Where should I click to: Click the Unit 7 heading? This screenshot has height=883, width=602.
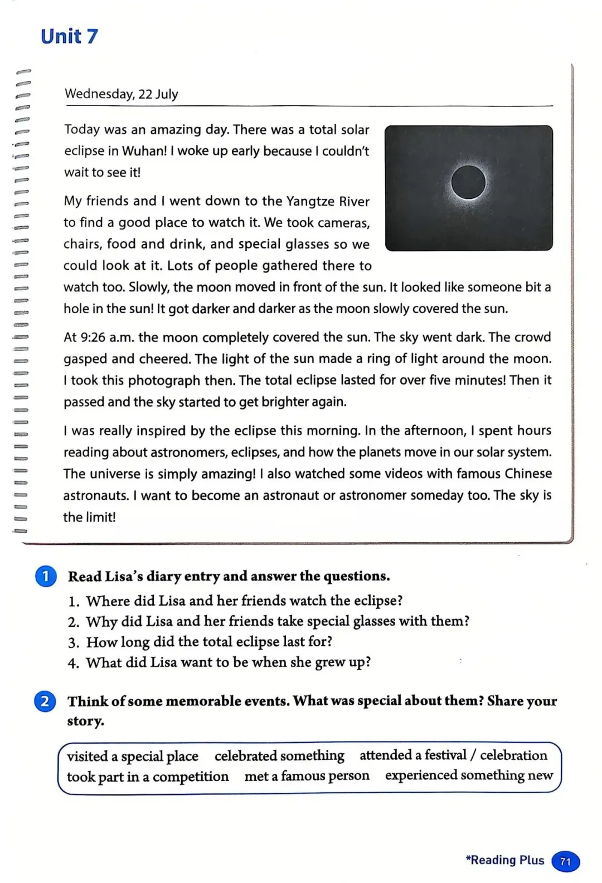pos(69,37)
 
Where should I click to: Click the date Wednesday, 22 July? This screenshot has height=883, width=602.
pos(121,94)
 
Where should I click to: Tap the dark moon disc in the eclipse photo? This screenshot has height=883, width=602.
pos(468,183)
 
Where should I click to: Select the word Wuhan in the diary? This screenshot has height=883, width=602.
pos(143,151)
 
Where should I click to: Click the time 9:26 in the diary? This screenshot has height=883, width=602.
pos(93,338)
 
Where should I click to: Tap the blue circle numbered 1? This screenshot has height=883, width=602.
pos(46,576)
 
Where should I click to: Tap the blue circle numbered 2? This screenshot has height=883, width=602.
pos(45,701)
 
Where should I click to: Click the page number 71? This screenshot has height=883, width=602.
pos(565,861)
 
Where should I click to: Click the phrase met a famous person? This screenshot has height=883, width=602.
pos(307,775)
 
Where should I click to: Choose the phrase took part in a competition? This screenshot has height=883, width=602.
pos(148,776)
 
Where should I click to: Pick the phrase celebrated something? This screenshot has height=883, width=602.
pos(279,755)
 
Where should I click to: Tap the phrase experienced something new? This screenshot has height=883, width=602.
pos(469,775)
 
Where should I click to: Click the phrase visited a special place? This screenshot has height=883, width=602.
pos(133,756)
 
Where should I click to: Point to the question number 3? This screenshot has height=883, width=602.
pos(74,642)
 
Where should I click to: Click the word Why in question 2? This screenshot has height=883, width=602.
pos(101,621)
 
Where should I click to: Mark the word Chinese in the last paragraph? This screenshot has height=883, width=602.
pos(528,474)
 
